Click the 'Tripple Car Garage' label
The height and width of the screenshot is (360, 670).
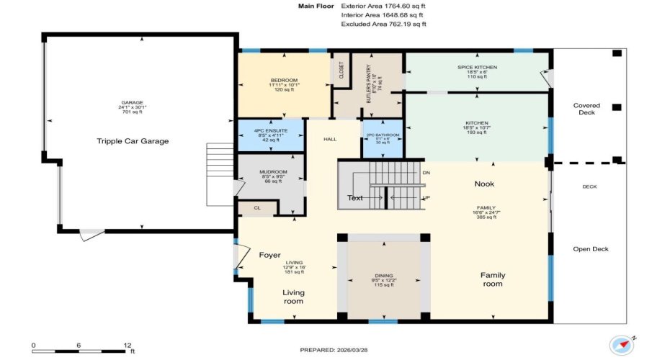[133, 141]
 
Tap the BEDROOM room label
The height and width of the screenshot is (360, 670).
[284, 80]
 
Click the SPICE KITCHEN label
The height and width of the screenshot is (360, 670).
[477, 67]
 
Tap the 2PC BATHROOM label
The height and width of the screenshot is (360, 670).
[383, 135]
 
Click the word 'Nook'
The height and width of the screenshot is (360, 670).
[484, 184]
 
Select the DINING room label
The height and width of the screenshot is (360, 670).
[383, 276]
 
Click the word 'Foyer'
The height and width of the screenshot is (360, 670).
[270, 255]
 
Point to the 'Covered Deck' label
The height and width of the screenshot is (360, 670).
[586, 109]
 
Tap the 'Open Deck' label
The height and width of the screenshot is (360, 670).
[591, 249]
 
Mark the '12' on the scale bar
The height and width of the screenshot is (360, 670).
[127, 345]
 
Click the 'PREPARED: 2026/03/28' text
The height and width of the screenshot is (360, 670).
[335, 350]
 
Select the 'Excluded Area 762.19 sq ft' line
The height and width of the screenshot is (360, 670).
[383, 24]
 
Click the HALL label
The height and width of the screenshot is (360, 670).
[330, 139]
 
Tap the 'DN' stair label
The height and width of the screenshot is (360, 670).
[426, 173]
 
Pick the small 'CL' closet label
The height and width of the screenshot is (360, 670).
[256, 207]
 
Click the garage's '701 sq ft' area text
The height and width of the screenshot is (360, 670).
[132, 112]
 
